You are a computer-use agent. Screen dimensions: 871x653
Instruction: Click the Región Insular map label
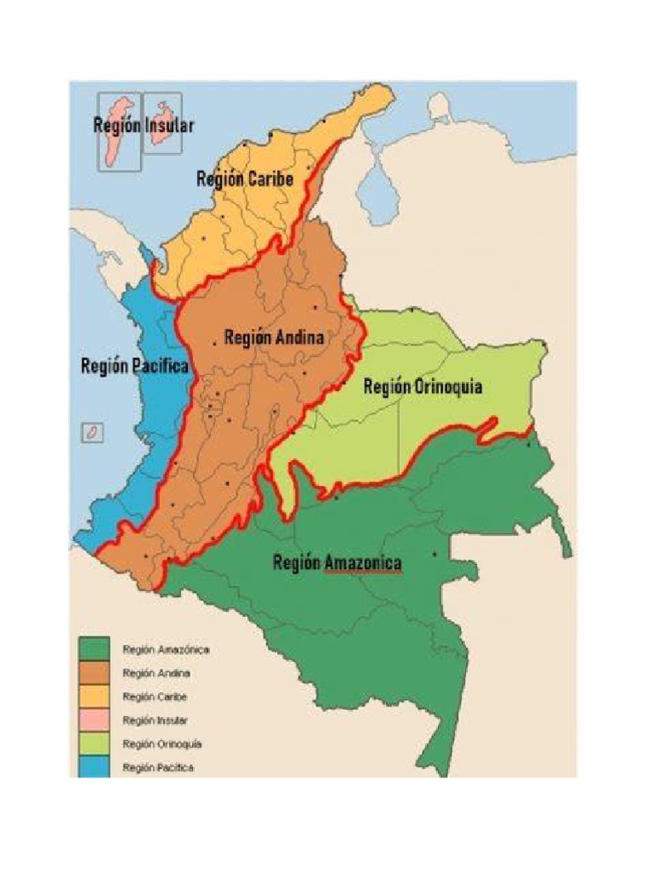click(x=144, y=125)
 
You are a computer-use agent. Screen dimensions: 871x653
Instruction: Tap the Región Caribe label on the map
click(x=245, y=179)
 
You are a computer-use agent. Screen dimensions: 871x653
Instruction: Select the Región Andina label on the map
click(x=274, y=338)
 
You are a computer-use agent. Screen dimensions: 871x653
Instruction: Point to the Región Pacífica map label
click(x=134, y=367)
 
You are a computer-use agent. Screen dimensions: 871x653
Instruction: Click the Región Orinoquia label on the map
click(x=423, y=387)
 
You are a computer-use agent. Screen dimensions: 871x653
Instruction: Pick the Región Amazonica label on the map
click(x=337, y=563)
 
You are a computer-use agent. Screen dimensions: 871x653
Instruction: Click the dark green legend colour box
click(x=95, y=649)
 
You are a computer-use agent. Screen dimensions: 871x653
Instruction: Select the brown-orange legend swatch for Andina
click(x=95, y=673)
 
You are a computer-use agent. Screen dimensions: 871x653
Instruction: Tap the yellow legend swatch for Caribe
click(x=95, y=697)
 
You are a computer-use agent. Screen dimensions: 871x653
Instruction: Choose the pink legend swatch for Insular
click(x=95, y=720)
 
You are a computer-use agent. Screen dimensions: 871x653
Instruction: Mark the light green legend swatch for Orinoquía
click(x=95, y=744)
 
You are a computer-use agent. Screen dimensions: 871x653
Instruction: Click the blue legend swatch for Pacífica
click(x=95, y=767)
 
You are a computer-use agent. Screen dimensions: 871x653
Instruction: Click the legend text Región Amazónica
click(x=166, y=649)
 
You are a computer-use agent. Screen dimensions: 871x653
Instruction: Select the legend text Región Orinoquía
click(x=162, y=744)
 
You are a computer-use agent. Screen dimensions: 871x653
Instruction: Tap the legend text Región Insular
click(x=156, y=720)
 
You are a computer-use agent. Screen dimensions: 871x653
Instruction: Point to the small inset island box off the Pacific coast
click(x=91, y=432)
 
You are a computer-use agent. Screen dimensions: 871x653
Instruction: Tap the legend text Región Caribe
click(x=155, y=697)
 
